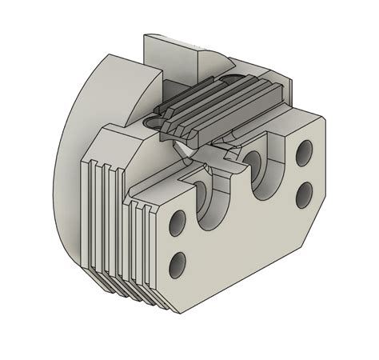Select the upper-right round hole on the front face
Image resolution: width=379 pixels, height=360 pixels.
(x=304, y=150)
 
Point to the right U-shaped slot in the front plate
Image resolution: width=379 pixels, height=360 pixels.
(x=262, y=164)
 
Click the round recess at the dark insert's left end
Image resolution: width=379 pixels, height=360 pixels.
(x=157, y=121)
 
